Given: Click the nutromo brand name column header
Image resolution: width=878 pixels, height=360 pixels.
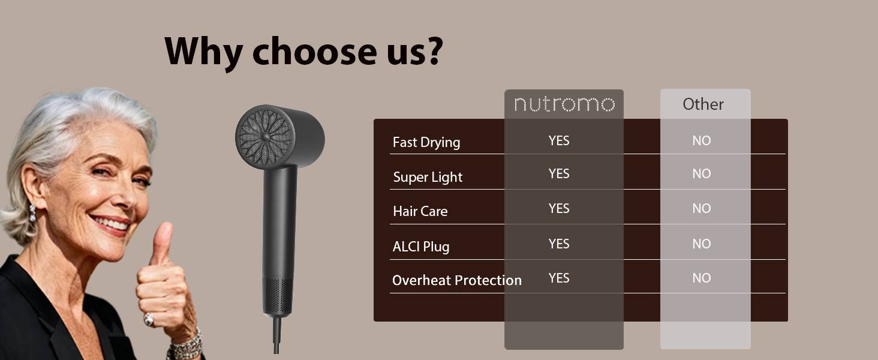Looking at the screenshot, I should pyautogui.click(x=564, y=104).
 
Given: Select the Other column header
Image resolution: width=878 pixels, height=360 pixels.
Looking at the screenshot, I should pyautogui.click(x=703, y=104).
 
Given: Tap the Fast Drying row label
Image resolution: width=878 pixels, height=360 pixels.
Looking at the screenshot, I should pyautogui.click(x=426, y=142).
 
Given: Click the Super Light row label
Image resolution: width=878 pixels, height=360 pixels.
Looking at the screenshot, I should pyautogui.click(x=428, y=177).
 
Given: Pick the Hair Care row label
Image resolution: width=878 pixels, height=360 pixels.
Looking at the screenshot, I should pyautogui.click(x=420, y=211).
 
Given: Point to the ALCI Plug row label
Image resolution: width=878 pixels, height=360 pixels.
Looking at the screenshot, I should pyautogui.click(x=420, y=246).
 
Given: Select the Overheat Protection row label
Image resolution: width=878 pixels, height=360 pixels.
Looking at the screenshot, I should pyautogui.click(x=456, y=280).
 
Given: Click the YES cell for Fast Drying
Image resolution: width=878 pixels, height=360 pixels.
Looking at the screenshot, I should pyautogui.click(x=558, y=140).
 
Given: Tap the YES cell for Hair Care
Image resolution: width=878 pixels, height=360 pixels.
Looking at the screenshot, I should pyautogui.click(x=558, y=208).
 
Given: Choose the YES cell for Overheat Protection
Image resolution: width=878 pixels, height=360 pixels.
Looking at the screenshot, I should pyautogui.click(x=558, y=278).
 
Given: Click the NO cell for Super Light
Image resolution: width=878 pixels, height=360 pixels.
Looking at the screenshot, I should pyautogui.click(x=701, y=174).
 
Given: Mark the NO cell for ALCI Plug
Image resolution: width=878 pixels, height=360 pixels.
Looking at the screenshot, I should pyautogui.click(x=701, y=244).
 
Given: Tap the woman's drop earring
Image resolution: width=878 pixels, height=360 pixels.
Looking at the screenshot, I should pyautogui.click(x=32, y=212).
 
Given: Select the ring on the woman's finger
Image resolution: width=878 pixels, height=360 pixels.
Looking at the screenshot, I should pyautogui.click(x=148, y=319).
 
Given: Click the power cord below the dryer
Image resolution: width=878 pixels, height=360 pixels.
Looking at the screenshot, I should pyautogui.click(x=278, y=336).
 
